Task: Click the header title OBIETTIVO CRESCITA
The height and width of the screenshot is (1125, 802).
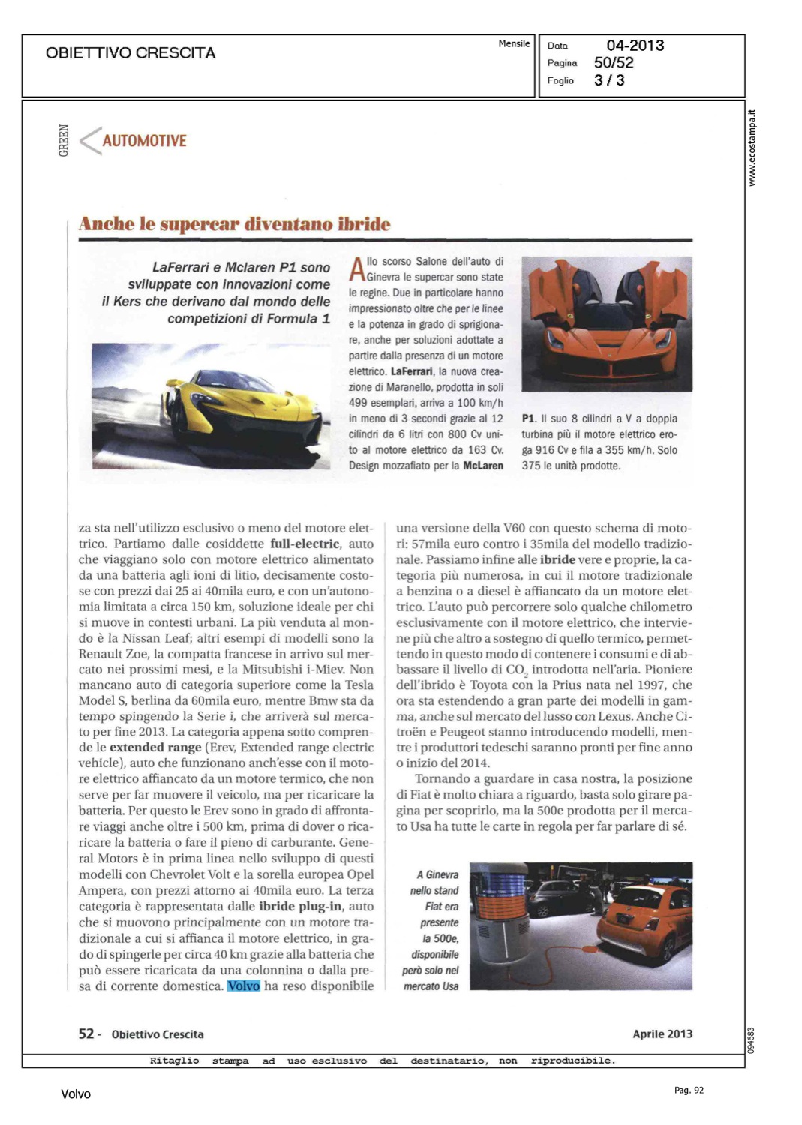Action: click(x=131, y=53)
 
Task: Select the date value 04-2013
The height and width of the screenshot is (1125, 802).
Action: click(x=635, y=46)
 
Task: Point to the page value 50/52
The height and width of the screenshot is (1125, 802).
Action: click(x=614, y=63)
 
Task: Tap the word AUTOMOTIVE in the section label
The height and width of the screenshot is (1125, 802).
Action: click(x=144, y=141)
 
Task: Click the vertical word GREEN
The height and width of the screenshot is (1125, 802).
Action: click(x=64, y=141)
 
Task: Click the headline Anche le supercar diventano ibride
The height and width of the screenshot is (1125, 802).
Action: click(x=235, y=224)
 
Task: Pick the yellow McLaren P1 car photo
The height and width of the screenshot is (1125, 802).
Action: click(x=211, y=406)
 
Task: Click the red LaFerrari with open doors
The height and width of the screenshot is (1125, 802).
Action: click(x=606, y=323)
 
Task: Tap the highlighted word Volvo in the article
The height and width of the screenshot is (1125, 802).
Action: click(x=243, y=985)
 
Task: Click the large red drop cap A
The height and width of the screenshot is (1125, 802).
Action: click(x=357, y=269)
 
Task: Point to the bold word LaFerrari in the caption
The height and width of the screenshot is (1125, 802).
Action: click(x=411, y=371)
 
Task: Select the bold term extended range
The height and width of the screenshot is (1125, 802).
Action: click(x=155, y=747)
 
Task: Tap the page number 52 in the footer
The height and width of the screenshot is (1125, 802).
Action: click(x=86, y=1033)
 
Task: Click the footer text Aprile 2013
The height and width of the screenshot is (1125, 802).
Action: click(x=662, y=1033)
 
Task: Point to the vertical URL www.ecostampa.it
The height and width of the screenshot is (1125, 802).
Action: click(x=752, y=148)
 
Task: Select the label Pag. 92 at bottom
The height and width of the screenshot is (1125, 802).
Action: click(x=689, y=1090)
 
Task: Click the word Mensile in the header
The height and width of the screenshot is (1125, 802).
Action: click(x=514, y=44)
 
